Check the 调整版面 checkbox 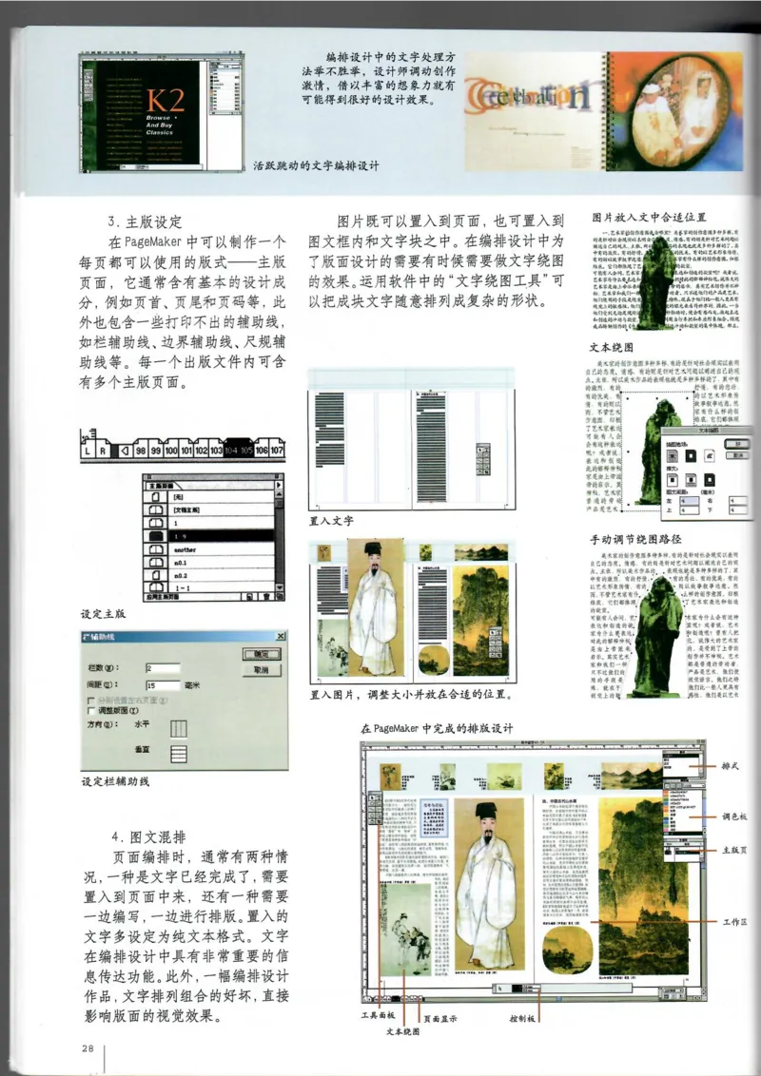(x=91, y=710)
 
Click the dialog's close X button (x=281, y=635)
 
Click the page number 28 (x=87, y=1047)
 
